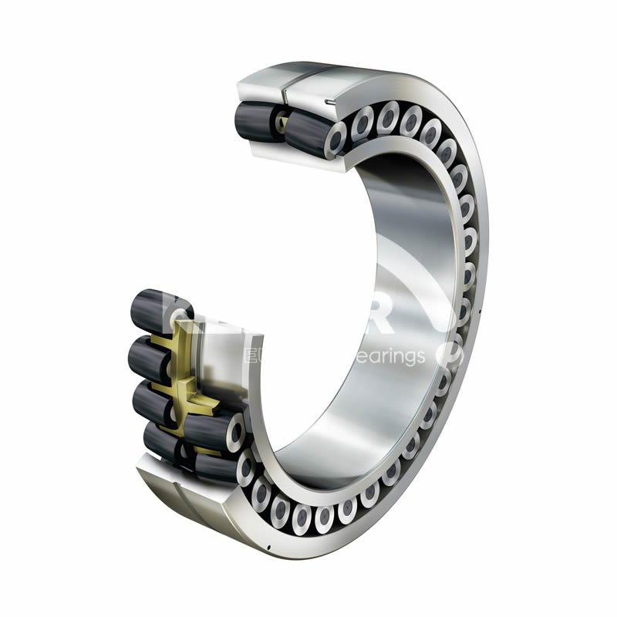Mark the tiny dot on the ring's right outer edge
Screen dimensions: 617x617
pyautogui.click(x=480, y=312)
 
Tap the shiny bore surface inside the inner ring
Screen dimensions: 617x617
pyautogui.click(x=386, y=255)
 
